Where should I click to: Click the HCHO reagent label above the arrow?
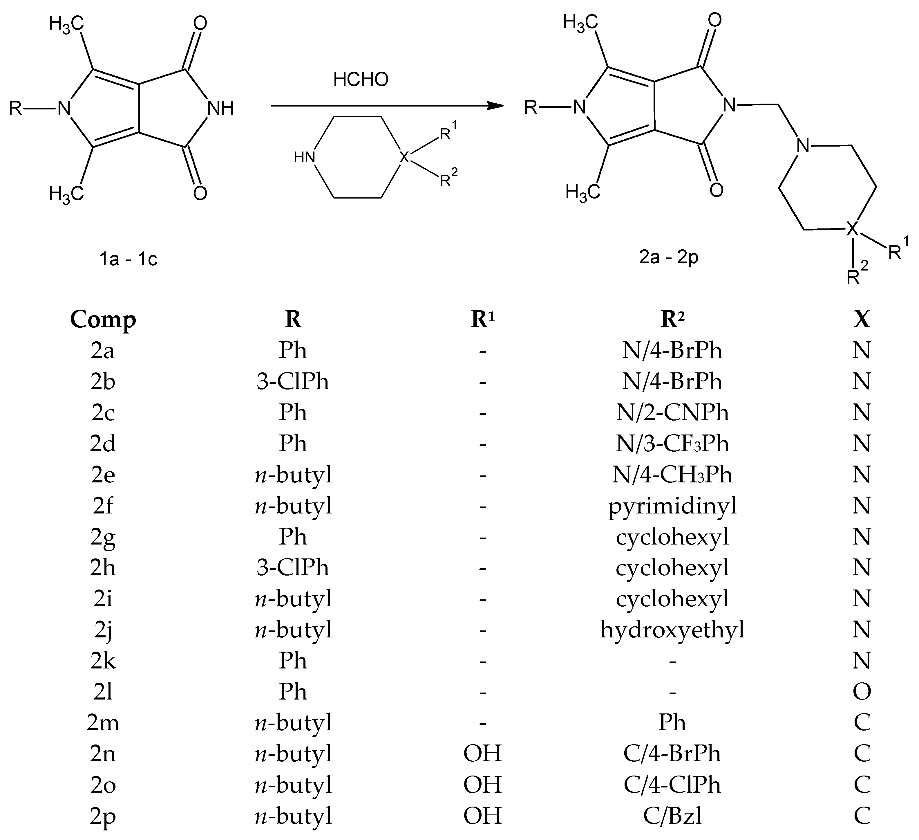pos(361,80)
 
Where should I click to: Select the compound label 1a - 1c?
pos(129,259)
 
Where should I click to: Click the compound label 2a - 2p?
pos(669,257)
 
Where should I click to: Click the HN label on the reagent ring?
pos(305,157)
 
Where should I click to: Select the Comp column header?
pos(103,320)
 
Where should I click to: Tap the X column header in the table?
pos(862,320)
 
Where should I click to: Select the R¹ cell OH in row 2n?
pos(482,754)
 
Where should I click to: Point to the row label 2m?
pos(103,723)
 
